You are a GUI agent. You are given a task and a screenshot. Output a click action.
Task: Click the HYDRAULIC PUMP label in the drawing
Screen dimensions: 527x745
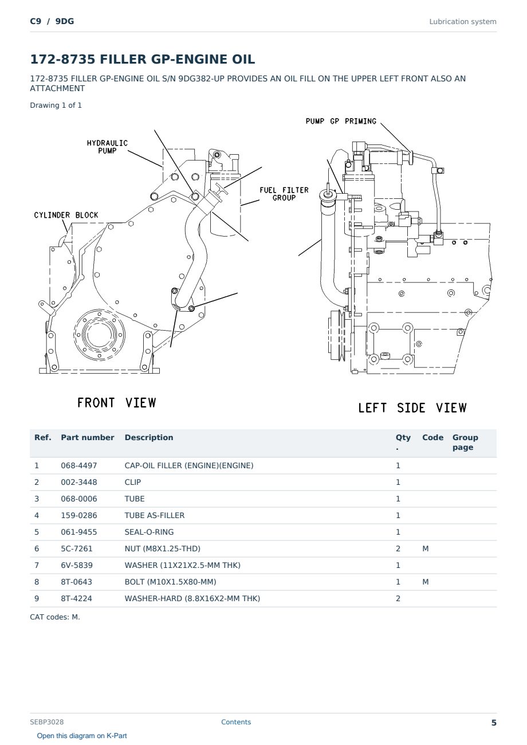click(107, 147)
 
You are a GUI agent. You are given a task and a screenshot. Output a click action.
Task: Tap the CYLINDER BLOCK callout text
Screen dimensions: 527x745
click(66, 215)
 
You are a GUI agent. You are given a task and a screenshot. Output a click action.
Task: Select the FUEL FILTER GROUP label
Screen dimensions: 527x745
click(284, 194)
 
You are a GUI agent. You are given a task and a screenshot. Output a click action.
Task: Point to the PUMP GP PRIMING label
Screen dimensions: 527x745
click(341, 121)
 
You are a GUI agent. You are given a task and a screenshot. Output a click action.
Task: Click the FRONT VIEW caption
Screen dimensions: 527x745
click(116, 403)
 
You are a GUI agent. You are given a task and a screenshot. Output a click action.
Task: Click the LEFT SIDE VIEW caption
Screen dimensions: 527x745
click(412, 408)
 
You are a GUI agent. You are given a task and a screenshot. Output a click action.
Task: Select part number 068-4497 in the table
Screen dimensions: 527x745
click(79, 465)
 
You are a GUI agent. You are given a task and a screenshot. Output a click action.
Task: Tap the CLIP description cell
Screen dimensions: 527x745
click(133, 483)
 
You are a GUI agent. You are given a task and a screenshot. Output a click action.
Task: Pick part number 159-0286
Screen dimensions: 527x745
click(79, 516)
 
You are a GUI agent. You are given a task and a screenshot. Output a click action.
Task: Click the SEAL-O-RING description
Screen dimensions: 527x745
click(149, 532)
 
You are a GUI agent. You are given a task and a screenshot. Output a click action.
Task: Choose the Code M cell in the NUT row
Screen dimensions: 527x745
click(425, 549)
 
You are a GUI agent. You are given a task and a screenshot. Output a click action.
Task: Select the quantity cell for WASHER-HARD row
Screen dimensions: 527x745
click(398, 599)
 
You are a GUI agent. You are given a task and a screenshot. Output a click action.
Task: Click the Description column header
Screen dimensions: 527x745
click(149, 437)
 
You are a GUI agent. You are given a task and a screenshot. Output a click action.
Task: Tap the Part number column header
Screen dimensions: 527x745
click(88, 437)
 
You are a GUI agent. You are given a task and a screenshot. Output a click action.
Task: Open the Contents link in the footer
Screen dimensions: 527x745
click(236, 722)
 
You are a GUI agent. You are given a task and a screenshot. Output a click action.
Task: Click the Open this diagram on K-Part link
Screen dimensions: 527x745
click(82, 736)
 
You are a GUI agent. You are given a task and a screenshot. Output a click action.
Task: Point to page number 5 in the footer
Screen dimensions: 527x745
click(494, 723)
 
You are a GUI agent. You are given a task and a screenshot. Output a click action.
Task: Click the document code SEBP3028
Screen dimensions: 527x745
click(47, 722)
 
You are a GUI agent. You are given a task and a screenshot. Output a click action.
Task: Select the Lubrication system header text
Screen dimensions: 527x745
click(463, 22)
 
